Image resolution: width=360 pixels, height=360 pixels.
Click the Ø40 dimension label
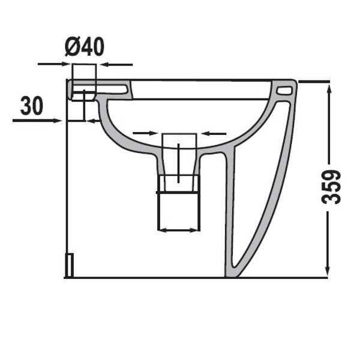click(85, 47)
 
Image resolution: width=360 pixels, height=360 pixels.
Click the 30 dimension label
click(32, 106)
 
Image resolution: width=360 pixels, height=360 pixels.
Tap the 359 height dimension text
click(331, 187)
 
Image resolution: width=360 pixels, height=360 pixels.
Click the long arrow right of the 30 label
click(37, 121)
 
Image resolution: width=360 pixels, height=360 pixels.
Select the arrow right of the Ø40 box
click(116, 65)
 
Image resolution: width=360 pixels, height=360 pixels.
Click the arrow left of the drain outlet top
click(146, 133)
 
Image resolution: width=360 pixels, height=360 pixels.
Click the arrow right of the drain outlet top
click(214, 133)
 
